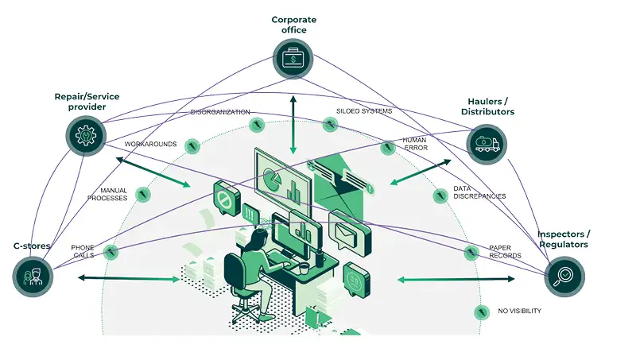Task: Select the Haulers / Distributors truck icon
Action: (x=485, y=145)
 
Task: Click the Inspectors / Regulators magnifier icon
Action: (x=564, y=277)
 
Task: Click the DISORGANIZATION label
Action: (x=220, y=112)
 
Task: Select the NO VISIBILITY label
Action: (x=519, y=311)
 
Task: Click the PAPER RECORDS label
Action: (x=505, y=251)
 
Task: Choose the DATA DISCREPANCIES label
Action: (x=479, y=192)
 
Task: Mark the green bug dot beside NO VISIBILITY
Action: (x=480, y=311)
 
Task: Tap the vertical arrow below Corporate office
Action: (x=293, y=123)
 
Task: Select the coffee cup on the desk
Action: (x=304, y=269)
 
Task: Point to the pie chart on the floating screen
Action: (x=270, y=178)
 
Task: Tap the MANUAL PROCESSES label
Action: (x=108, y=195)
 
